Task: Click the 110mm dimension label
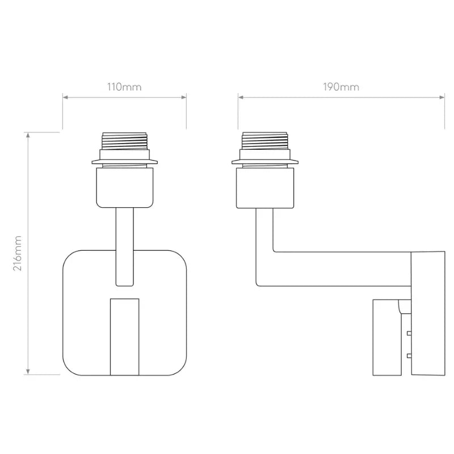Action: coord(124,87)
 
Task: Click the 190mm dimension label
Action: coord(341,87)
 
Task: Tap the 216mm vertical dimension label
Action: coord(18,253)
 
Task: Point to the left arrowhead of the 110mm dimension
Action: coord(65,97)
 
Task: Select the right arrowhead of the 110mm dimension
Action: coord(184,97)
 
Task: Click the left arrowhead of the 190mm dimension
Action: coord(241,97)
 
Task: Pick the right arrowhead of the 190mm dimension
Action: coord(442,97)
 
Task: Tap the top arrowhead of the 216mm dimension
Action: coord(28,135)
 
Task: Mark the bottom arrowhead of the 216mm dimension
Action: coord(28,372)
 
